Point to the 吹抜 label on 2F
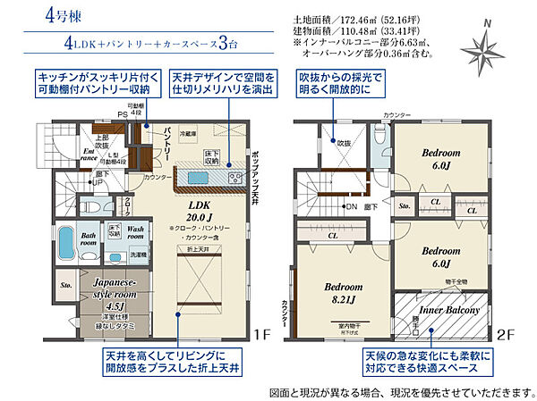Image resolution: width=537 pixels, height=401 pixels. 345,142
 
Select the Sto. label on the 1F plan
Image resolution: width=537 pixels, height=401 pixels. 65,287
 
